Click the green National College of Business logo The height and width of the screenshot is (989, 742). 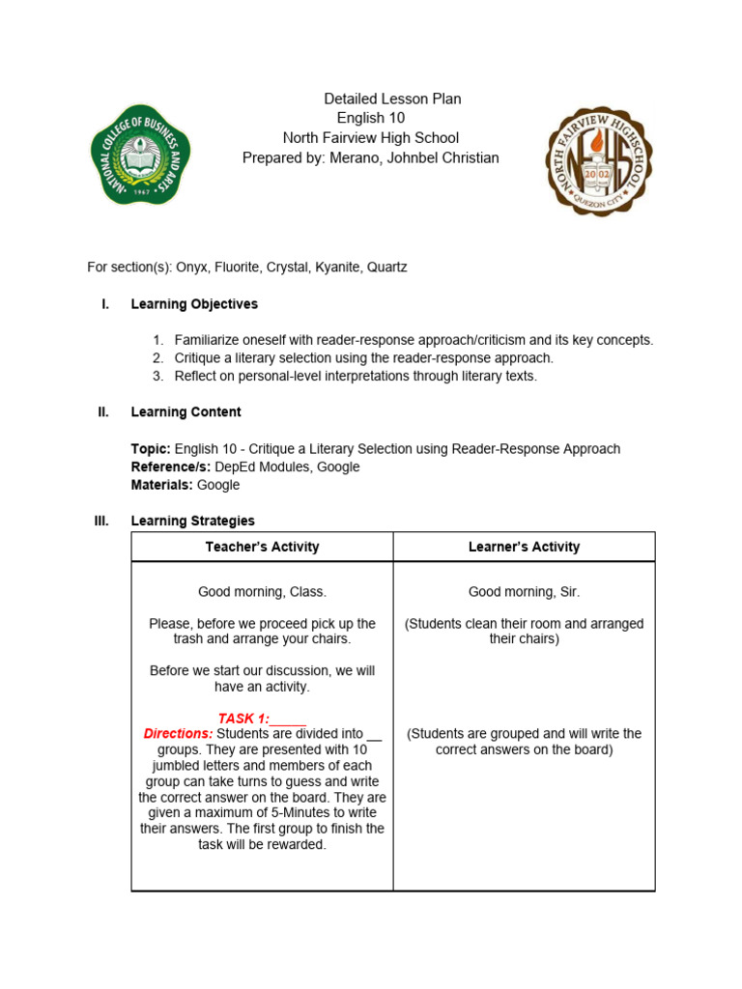pyautogui.click(x=140, y=155)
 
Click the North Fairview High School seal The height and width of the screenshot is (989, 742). pyautogui.click(x=598, y=160)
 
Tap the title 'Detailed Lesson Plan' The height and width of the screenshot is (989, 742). pyautogui.click(x=391, y=99)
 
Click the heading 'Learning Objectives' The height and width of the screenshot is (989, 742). pyautogui.click(x=194, y=304)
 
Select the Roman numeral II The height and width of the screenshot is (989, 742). pyautogui.click(x=103, y=412)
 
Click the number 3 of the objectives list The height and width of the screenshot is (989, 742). pyautogui.click(x=157, y=377)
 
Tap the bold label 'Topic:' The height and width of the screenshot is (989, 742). pyautogui.click(x=151, y=449)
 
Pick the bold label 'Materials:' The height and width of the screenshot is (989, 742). pyautogui.click(x=161, y=485)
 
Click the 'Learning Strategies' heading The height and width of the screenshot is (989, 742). pyautogui.click(x=192, y=522)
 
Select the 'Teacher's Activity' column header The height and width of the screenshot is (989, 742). pyautogui.click(x=262, y=547)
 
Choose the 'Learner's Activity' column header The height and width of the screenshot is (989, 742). pyautogui.click(x=524, y=547)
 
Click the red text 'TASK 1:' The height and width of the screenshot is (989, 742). pyautogui.click(x=243, y=719)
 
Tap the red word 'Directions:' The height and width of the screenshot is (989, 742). pyautogui.click(x=178, y=734)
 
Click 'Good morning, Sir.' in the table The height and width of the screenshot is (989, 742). pyautogui.click(x=524, y=592)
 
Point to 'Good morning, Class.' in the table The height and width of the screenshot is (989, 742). pyautogui.click(x=262, y=592)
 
